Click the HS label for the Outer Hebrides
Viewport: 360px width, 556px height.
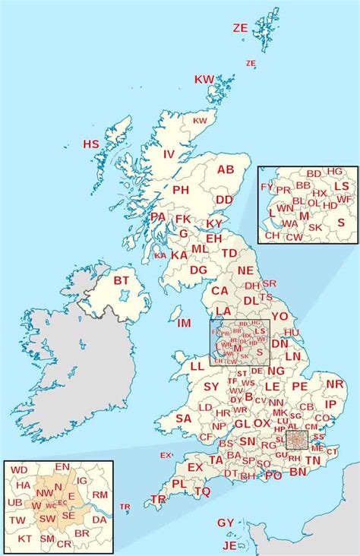coord(91,144)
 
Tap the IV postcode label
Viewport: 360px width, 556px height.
coord(169,154)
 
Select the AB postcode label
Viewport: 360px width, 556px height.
coord(226,169)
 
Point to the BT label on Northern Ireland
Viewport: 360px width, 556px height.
coord(122,280)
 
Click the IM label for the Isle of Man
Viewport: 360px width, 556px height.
coord(184,323)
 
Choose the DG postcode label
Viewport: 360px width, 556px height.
coord(198,270)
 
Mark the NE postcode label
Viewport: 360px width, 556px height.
coord(245,270)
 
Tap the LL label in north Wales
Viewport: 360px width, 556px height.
coord(197,366)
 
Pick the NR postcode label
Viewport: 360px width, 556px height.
coord(335,384)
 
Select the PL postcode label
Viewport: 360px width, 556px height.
coord(179,483)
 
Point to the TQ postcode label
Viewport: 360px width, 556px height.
coord(202,491)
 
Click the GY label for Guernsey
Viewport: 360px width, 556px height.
coord(226,523)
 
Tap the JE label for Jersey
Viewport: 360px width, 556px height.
coord(229,545)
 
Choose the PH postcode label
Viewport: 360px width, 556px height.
coord(181,190)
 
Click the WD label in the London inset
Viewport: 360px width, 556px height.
coord(20,471)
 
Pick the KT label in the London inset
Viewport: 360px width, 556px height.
coord(25,538)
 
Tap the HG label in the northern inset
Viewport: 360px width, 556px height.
coord(335,172)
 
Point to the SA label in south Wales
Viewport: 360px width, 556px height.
coord(183,418)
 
